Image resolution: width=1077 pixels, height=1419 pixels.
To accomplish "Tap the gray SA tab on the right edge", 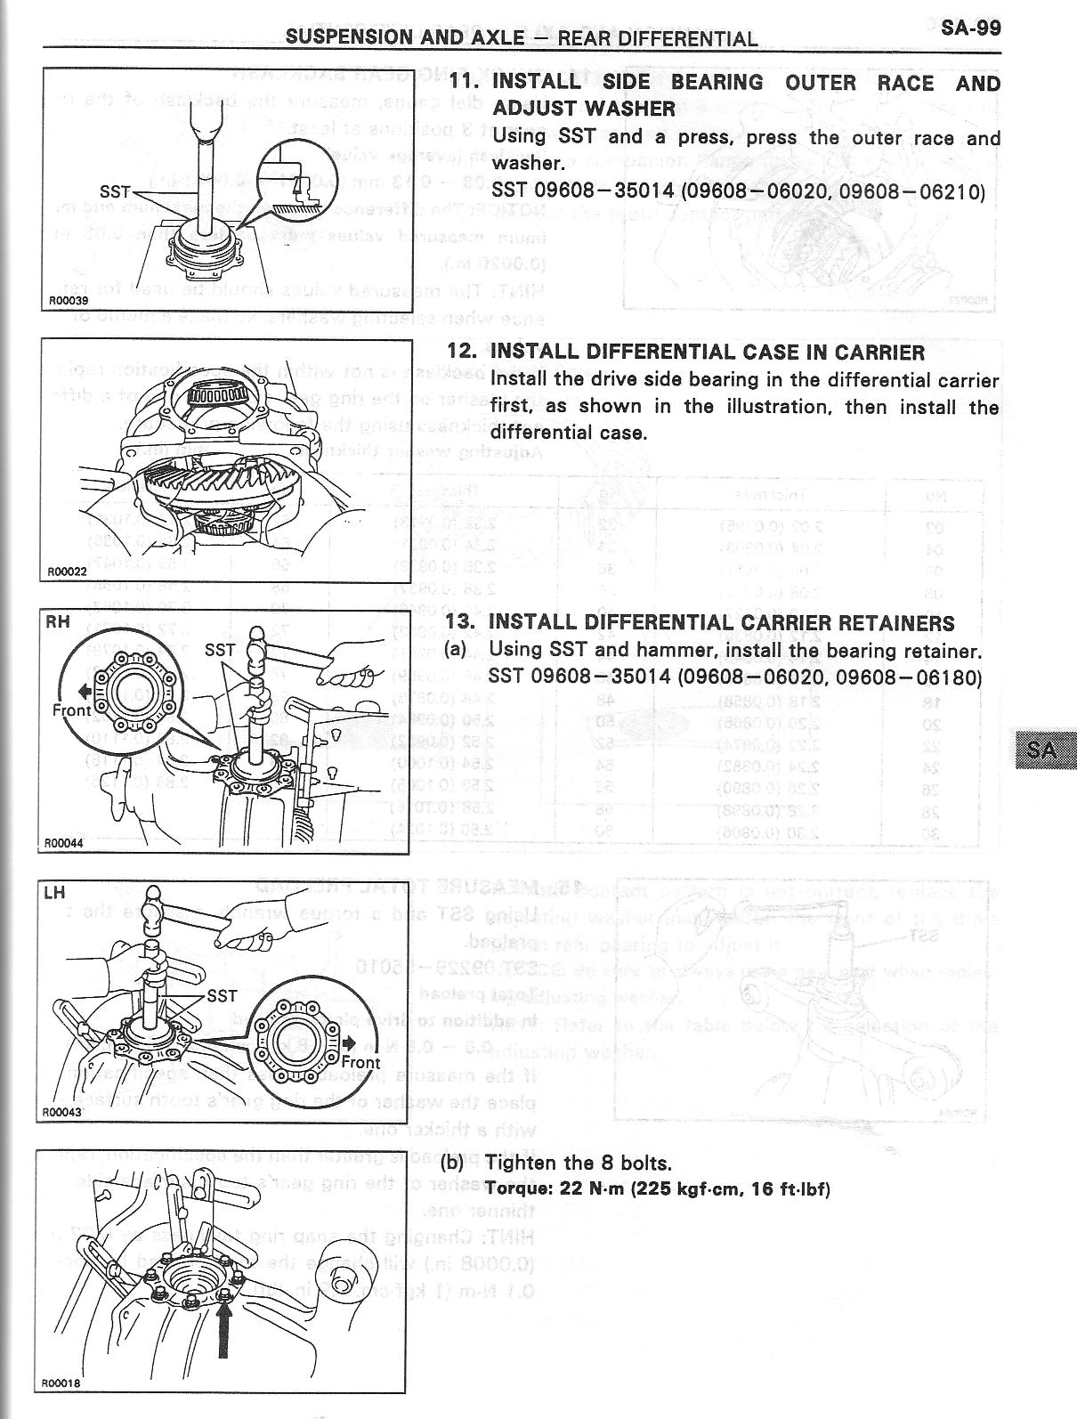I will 1045,750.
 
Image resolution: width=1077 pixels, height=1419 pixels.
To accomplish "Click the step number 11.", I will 464,83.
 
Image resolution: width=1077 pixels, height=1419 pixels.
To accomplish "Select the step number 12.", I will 462,352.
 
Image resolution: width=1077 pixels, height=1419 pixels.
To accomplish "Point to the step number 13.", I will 462,622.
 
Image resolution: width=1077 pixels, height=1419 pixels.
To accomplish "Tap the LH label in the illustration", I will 54,893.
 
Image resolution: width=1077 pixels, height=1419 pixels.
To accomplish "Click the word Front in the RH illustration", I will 71,709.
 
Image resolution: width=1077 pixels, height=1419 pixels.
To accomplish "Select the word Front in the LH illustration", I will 360,1062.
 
